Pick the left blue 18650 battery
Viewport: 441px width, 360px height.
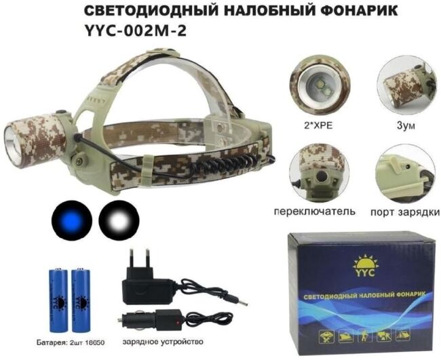point(54,295)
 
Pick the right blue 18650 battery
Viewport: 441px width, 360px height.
point(82,295)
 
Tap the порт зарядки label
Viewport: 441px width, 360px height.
point(405,212)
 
